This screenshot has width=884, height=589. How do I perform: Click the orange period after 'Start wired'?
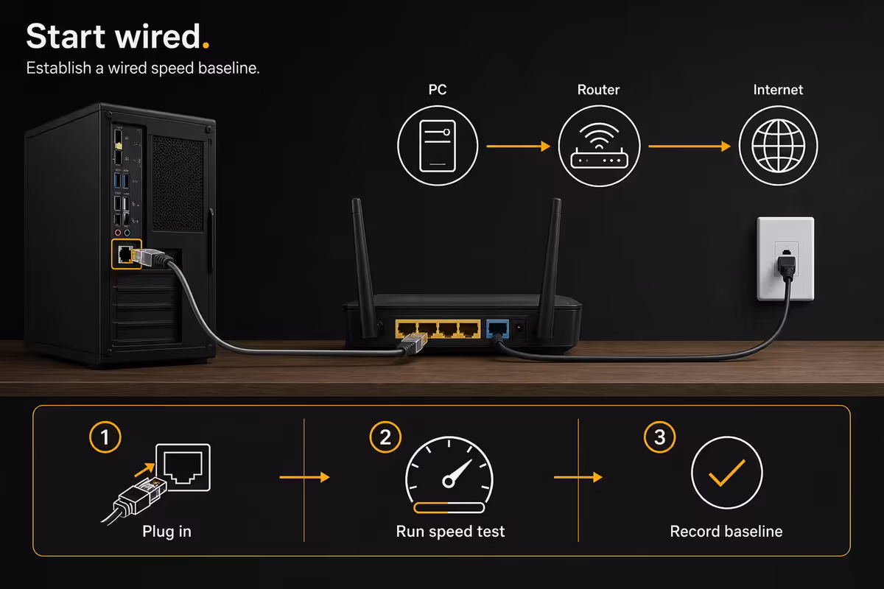[206, 45]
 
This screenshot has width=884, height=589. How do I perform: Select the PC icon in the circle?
[438, 146]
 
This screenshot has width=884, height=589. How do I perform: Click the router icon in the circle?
[599, 146]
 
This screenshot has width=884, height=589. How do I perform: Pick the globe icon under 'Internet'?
[778, 146]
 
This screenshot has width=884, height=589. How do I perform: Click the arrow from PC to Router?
[518, 147]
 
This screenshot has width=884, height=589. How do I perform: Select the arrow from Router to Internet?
[690, 147]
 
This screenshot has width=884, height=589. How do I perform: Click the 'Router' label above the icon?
[598, 90]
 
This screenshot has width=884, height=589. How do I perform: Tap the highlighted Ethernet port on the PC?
[125, 254]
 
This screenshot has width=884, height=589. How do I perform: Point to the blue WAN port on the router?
[498, 329]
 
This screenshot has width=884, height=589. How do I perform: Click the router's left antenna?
[363, 268]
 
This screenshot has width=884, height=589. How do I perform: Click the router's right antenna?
[550, 268]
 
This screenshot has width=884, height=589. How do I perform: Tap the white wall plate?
[785, 259]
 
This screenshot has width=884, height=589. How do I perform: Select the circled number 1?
[105, 437]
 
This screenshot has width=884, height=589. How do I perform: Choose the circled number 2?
[385, 437]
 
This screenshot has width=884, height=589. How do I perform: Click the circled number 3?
[659, 437]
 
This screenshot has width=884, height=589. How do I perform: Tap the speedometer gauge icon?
[449, 475]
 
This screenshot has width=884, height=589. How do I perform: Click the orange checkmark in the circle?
[726, 473]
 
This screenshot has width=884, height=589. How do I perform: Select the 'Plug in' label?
[166, 532]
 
